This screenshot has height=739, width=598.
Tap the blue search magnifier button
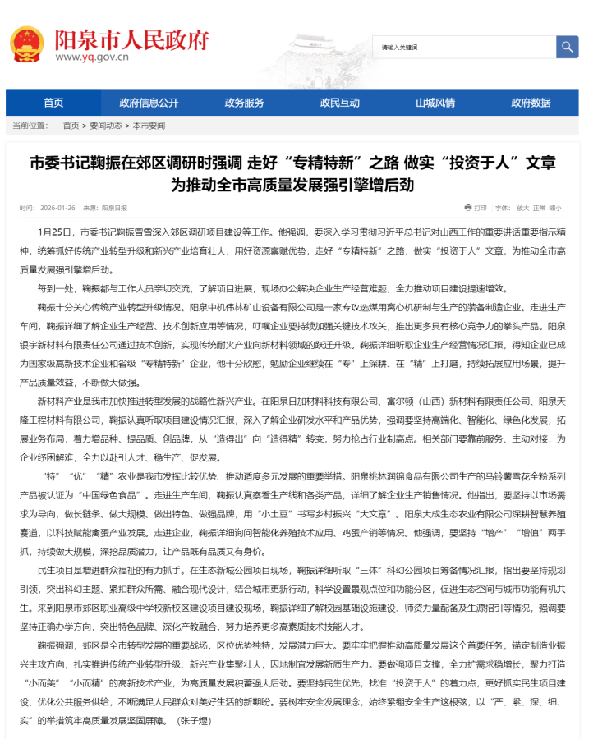pyautogui.click(x=567, y=47)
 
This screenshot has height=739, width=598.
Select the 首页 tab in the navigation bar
pyautogui.click(x=53, y=103)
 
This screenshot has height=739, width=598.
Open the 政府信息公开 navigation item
pyautogui.click(x=149, y=103)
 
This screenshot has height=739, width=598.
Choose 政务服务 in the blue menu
pyautogui.click(x=245, y=103)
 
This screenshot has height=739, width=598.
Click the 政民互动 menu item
pyautogui.click(x=340, y=103)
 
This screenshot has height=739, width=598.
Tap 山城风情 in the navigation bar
pyautogui.click(x=435, y=103)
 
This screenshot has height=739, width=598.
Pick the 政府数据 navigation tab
pyautogui.click(x=531, y=103)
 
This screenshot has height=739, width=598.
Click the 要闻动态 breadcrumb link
pyautogui.click(x=106, y=126)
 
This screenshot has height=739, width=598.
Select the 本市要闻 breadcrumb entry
pyautogui.click(x=149, y=126)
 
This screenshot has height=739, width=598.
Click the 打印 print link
pyautogui.click(x=480, y=208)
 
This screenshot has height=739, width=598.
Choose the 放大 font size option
pyautogui.click(x=523, y=208)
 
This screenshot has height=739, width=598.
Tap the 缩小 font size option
pyautogui.click(x=555, y=208)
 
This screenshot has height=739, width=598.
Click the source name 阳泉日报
pyautogui.click(x=115, y=209)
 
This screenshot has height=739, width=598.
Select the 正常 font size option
pyautogui.click(x=540, y=208)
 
